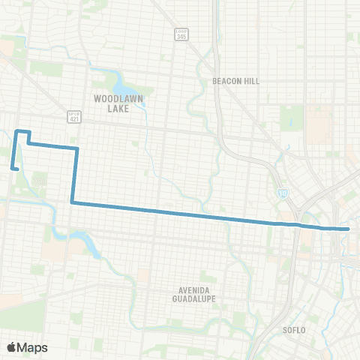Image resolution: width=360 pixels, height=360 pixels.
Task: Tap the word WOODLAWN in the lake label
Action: [114, 98]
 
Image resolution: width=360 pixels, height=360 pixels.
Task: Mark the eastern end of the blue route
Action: [349, 229]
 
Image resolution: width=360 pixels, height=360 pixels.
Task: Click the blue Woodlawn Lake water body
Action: [124, 80]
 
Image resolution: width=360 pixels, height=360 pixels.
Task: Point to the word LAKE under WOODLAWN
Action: [114, 108]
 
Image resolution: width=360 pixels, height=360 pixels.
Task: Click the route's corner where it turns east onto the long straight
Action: [72, 202]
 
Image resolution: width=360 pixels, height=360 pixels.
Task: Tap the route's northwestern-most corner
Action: [16, 131]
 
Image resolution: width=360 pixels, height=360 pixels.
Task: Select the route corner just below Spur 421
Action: [76, 148]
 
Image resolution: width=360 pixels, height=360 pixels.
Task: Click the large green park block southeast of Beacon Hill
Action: [292, 117]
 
